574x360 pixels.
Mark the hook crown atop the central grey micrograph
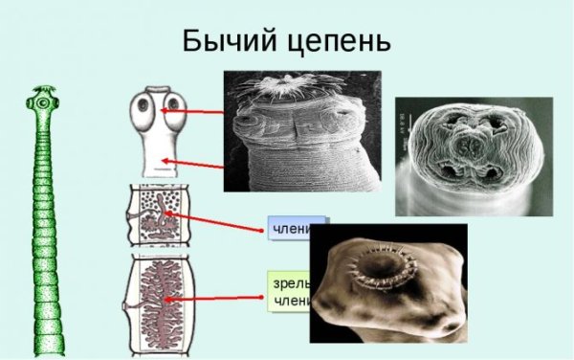click(x=284, y=89)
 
